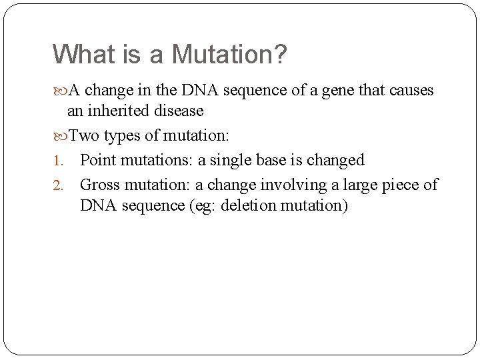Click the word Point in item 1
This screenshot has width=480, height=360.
(x=97, y=160)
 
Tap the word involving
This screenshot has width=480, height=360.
(x=289, y=185)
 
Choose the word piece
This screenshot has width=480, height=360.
(x=401, y=185)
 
